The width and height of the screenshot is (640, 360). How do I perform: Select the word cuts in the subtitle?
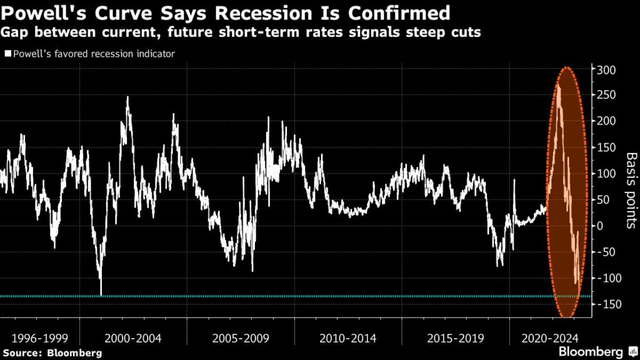pyautogui.click(x=465, y=32)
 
